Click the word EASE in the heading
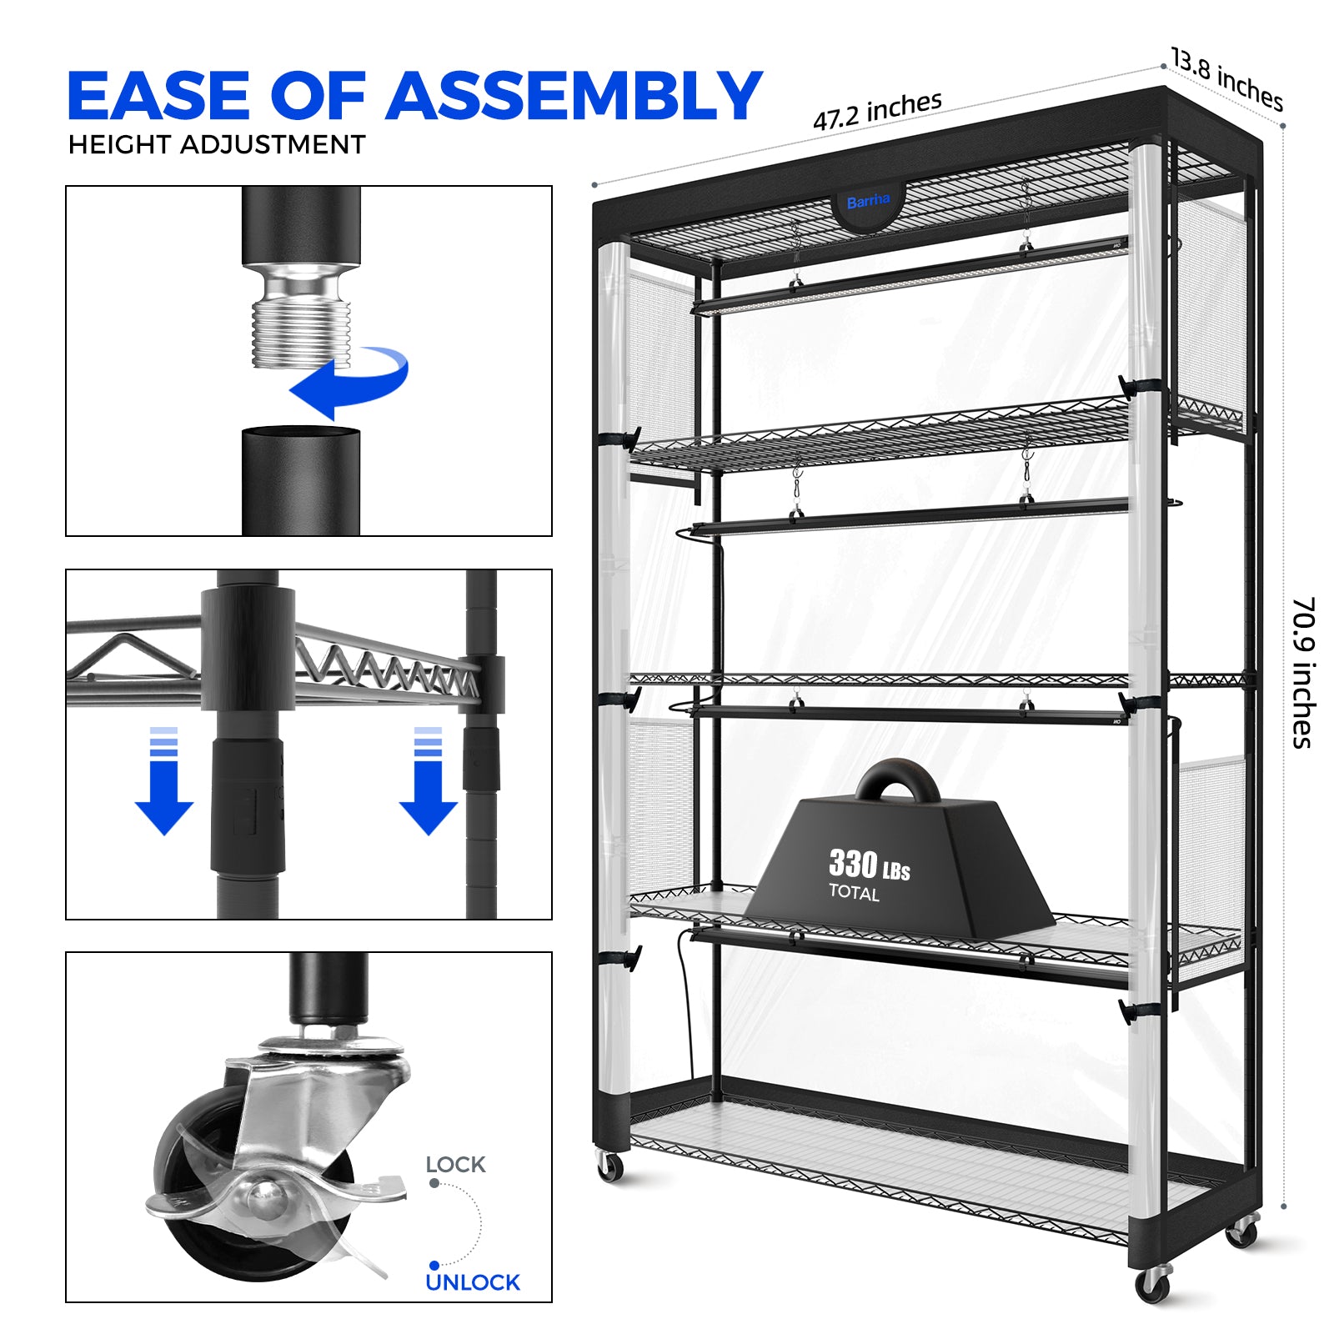[x=159, y=96]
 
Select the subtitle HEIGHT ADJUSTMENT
[x=217, y=144]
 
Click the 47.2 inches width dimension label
[x=878, y=111]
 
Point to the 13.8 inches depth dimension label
[x=1226, y=79]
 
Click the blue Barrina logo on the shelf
[x=868, y=201]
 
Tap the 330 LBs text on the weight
[x=869, y=865]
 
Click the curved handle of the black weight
[x=898, y=777]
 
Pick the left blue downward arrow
[x=164, y=781]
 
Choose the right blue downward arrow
[x=429, y=781]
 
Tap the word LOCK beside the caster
[x=455, y=1165]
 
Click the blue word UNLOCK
[x=473, y=1282]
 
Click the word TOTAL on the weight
[x=854, y=893]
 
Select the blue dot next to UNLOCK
[x=434, y=1266]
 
